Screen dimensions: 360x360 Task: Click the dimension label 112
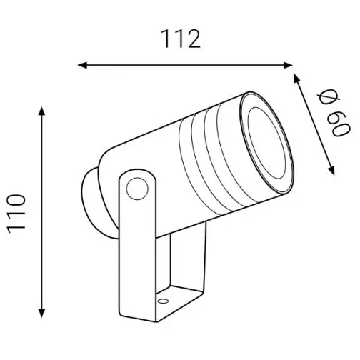click(x=181, y=39)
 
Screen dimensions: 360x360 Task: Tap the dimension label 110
click(x=16, y=214)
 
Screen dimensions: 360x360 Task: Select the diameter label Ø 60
click(x=334, y=114)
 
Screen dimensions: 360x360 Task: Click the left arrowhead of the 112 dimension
click(x=82, y=65)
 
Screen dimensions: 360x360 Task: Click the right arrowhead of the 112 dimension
click(x=288, y=65)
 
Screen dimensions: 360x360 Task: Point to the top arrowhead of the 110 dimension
click(x=41, y=111)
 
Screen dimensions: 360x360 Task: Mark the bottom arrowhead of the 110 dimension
click(x=41, y=313)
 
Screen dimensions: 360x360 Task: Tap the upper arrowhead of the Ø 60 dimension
click(x=296, y=78)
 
